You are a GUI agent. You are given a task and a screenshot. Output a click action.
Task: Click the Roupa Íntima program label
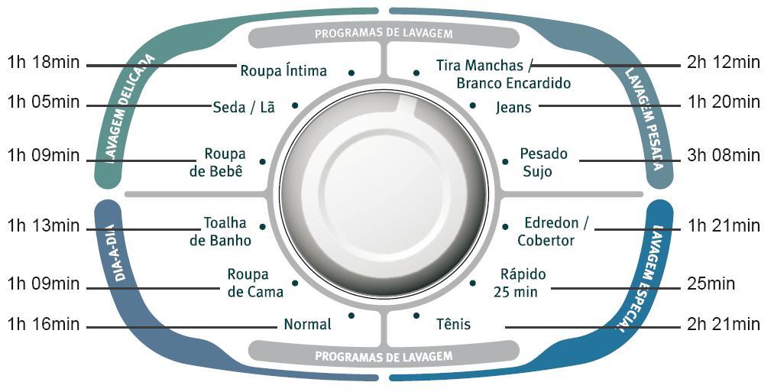pyautogui.click(x=283, y=71)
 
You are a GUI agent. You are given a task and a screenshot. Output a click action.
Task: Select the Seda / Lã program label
pyautogui.click(x=244, y=107)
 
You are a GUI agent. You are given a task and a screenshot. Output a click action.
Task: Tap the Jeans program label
pyautogui.click(x=513, y=107)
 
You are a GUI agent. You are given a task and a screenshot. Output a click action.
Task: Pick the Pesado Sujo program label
pyautogui.click(x=543, y=162)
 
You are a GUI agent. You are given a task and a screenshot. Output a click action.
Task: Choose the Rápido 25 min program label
pyautogui.click(x=523, y=283)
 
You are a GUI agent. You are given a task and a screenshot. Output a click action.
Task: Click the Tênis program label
pyautogui.click(x=454, y=325)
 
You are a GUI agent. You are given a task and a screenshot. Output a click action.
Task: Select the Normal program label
pyautogui.click(x=307, y=325)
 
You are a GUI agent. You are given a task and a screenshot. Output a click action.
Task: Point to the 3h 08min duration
pyautogui.click(x=723, y=156)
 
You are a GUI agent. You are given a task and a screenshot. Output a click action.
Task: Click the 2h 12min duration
pyautogui.click(x=723, y=63)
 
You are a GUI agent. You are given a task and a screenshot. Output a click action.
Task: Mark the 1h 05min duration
pyautogui.click(x=44, y=102)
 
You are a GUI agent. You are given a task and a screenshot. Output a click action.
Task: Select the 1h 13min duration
pyautogui.click(x=44, y=225)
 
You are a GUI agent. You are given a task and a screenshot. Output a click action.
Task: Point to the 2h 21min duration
pyautogui.click(x=723, y=325)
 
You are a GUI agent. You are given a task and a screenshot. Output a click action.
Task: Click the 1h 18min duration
pyautogui.click(x=44, y=62)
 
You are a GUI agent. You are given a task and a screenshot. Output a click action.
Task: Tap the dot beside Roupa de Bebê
pyautogui.click(x=262, y=162)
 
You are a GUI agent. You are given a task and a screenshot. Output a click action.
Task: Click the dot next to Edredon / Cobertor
pyautogui.click(x=504, y=227)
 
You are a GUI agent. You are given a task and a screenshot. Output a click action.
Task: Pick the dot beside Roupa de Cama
pyautogui.click(x=295, y=283)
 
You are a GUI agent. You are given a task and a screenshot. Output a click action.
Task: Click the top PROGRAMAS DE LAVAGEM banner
pyautogui.click(x=384, y=34)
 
